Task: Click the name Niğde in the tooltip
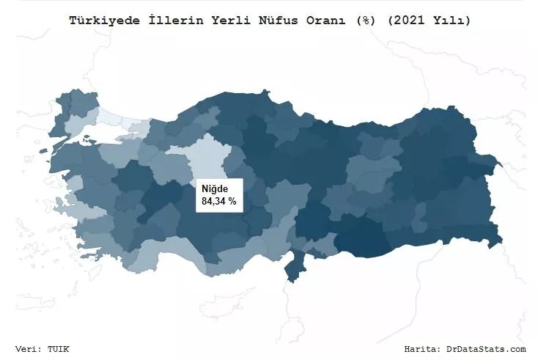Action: pos(215,189)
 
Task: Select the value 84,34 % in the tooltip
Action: pos(219,201)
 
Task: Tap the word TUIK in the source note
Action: pos(59,349)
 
